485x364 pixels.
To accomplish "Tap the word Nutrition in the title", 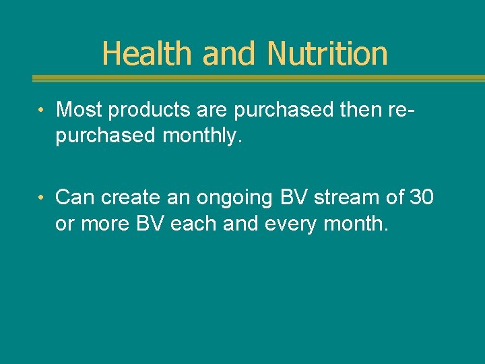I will click(x=327, y=54).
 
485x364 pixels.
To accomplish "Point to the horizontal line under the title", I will click(x=259, y=78).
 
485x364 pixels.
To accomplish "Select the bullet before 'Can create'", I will click(x=42, y=198).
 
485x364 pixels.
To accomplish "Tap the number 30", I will click(x=421, y=197).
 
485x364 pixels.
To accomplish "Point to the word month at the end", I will click(x=355, y=224).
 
